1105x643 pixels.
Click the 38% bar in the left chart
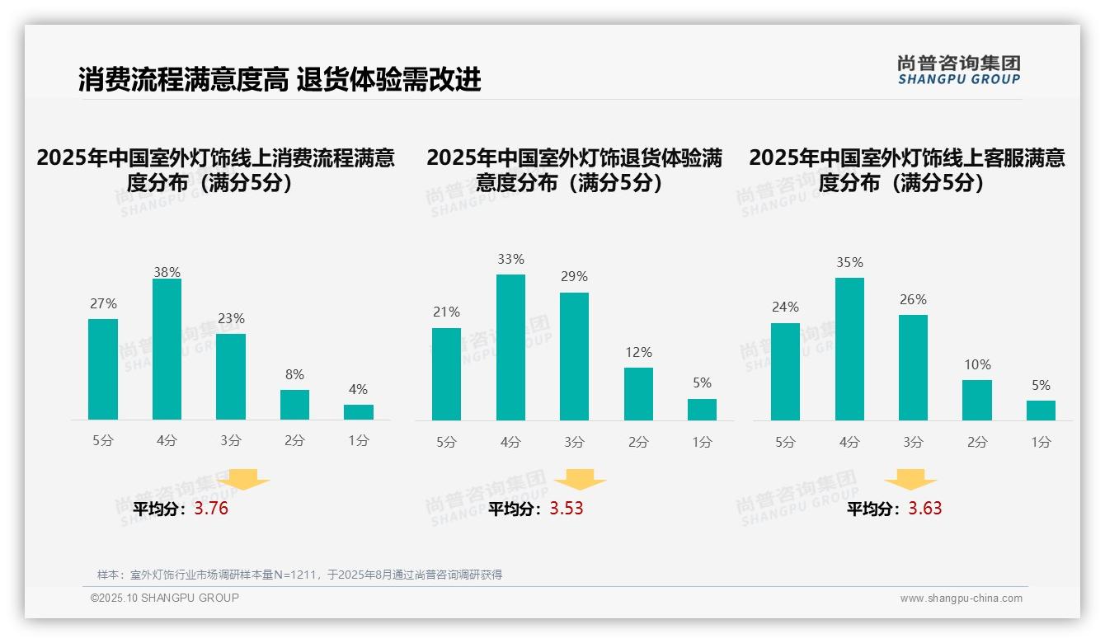(167, 350)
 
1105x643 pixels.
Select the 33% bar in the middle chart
(510, 347)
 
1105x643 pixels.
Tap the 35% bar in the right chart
(849, 349)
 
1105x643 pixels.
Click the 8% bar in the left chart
(294, 405)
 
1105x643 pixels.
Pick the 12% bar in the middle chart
(638, 394)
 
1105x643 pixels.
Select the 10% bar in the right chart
(977, 400)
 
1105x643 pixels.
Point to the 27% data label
(103, 303)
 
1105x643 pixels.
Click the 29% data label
(574, 277)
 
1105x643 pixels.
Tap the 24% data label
(785, 307)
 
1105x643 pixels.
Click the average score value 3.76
(211, 509)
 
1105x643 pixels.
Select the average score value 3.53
(567, 509)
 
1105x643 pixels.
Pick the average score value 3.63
(925, 509)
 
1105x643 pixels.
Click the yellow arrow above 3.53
(581, 479)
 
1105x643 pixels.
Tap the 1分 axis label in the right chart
(1041, 442)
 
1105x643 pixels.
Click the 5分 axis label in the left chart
(103, 441)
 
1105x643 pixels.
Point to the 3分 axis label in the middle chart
(574, 442)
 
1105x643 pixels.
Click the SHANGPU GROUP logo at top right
(959, 70)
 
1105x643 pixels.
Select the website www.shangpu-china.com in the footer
(961, 598)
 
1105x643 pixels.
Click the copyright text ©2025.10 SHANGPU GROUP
(165, 598)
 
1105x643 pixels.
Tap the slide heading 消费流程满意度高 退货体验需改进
(280, 80)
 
